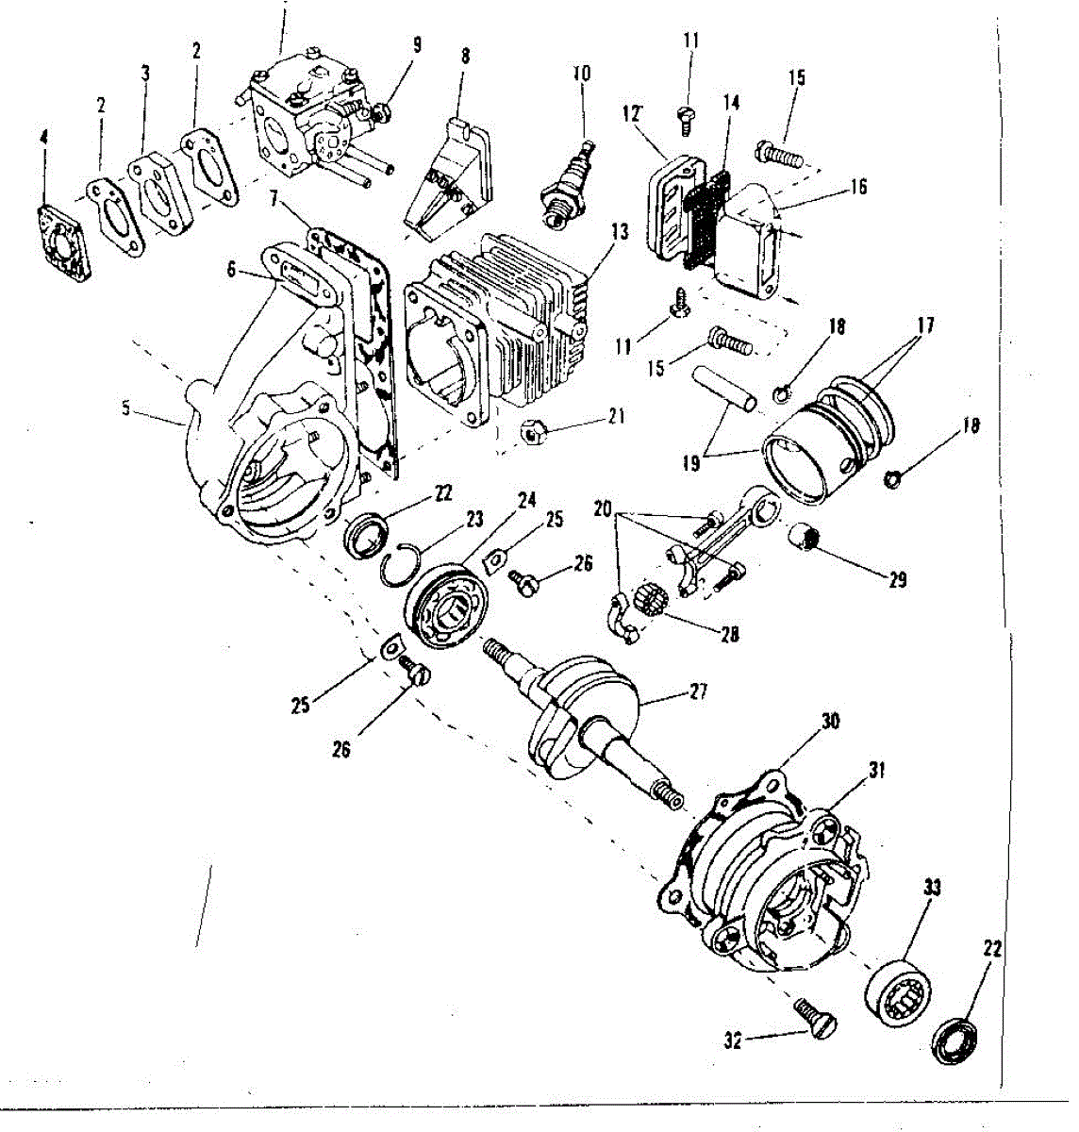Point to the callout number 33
pos(932,888)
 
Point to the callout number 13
pos(619,230)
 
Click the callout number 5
pos(126,408)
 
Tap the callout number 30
pos(830,722)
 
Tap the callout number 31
pos(877,772)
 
